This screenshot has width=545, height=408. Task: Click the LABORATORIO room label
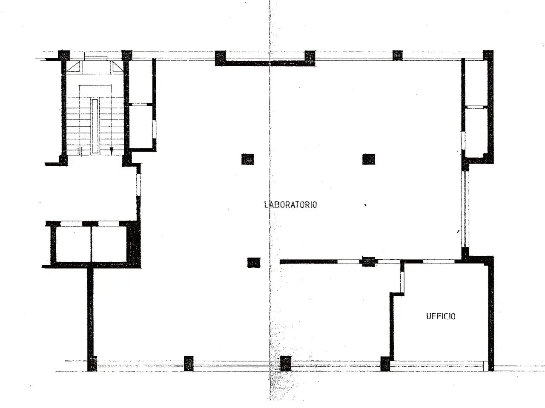coord(290,205)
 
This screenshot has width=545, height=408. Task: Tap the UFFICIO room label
coord(441,316)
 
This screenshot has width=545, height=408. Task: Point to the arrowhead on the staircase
coord(112,151)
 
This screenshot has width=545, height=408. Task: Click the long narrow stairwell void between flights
coord(95,126)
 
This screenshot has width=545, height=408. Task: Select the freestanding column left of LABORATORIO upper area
coord(247,159)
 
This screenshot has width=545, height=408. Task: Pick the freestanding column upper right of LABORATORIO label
coord(369,159)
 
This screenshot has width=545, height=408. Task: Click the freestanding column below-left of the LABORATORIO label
coord(254,263)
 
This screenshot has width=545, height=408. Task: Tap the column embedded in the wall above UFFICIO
coord(368,262)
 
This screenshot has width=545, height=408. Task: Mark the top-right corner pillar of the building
coord(488,55)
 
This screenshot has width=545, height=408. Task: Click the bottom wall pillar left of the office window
coord(385,364)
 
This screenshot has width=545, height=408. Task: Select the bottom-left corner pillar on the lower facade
coord(92,364)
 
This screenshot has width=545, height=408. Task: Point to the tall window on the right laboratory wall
coord(465,209)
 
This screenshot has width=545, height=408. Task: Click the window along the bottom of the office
coord(437,366)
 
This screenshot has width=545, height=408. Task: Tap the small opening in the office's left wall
coord(402,282)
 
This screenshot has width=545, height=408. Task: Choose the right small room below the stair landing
coord(109,244)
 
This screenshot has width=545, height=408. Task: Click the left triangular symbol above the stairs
coord(74,66)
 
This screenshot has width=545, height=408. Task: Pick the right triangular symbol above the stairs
coord(117,66)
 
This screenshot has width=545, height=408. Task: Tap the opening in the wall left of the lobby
coord(139,185)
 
